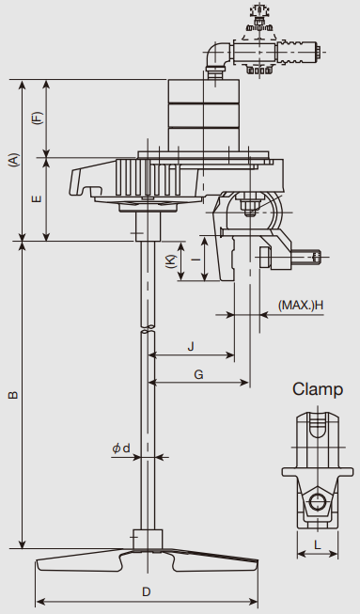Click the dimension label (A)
14,161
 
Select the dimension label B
14,395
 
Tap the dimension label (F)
38,118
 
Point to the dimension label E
37,199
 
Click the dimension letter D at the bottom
146,591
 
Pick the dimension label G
198,375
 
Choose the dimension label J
191,347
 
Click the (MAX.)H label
301,305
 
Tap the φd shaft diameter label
121,448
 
